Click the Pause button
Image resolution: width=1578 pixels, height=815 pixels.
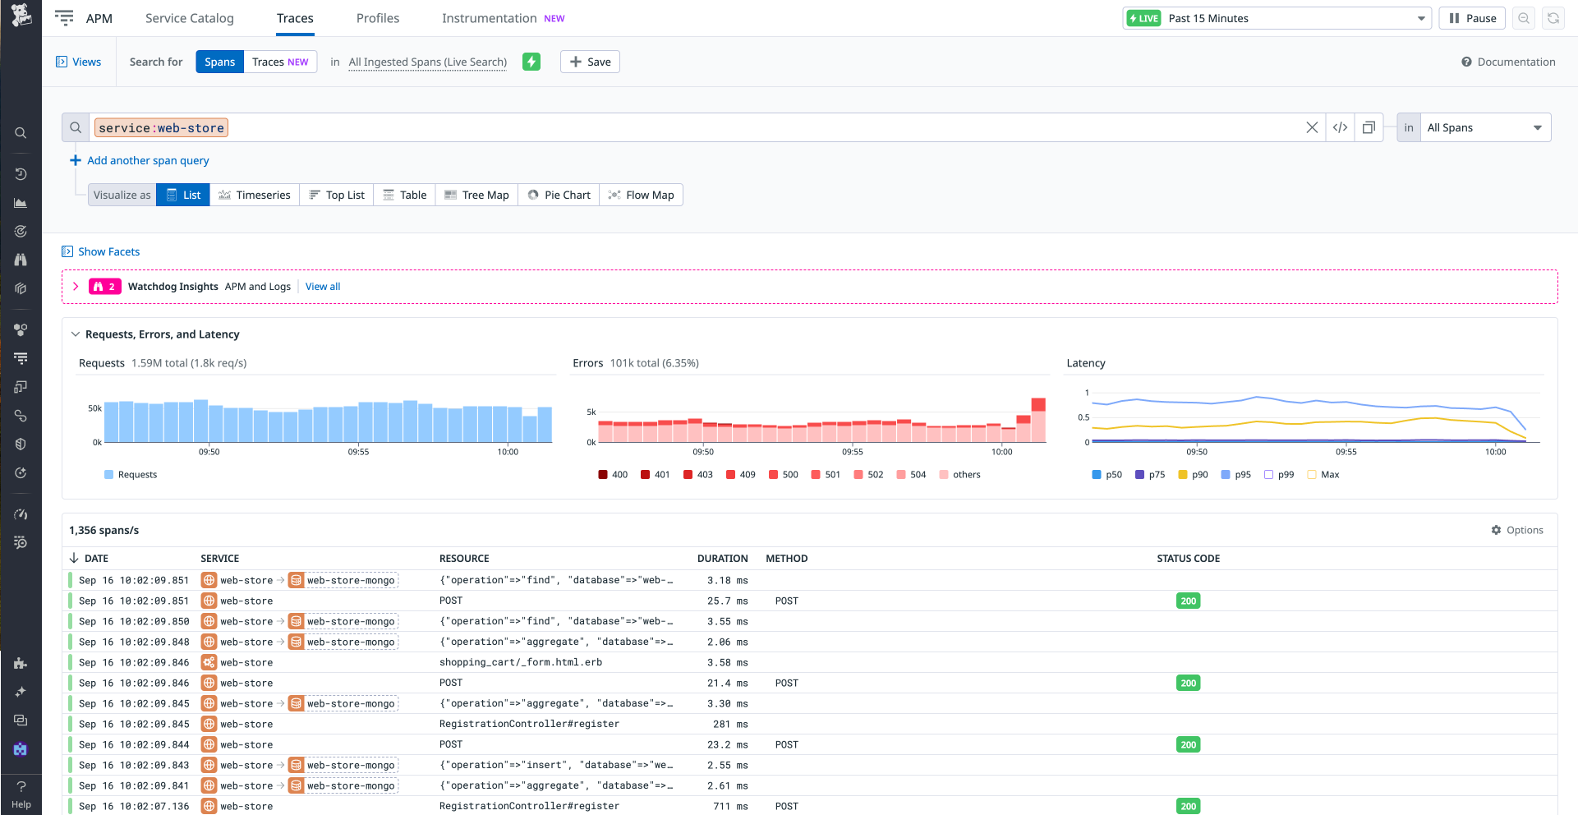[x=1472, y=18]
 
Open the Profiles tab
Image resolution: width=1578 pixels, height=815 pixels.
[x=377, y=18]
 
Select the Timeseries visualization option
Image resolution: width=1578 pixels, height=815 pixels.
[x=255, y=195]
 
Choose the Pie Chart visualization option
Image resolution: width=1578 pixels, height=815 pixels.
[x=559, y=195]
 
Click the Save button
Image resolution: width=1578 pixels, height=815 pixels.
[x=590, y=62]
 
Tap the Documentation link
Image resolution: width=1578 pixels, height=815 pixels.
[x=1508, y=62]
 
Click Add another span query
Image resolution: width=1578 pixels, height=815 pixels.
[x=148, y=160]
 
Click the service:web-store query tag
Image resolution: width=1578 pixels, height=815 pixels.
[x=161, y=128]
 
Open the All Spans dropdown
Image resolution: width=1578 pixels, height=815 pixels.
[x=1484, y=127]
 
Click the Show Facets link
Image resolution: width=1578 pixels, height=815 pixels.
[x=108, y=251]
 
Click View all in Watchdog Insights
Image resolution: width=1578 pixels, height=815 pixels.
[x=323, y=287]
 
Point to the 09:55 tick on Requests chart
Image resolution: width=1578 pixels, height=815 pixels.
[x=358, y=451]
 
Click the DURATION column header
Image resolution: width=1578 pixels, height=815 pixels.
[x=722, y=559]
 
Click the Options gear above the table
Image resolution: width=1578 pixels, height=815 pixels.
[x=1517, y=530]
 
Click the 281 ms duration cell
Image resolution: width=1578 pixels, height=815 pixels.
[x=730, y=724]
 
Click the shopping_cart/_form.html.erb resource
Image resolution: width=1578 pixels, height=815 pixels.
[x=520, y=662]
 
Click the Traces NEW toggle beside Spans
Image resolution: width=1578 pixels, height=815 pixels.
[x=280, y=62]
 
